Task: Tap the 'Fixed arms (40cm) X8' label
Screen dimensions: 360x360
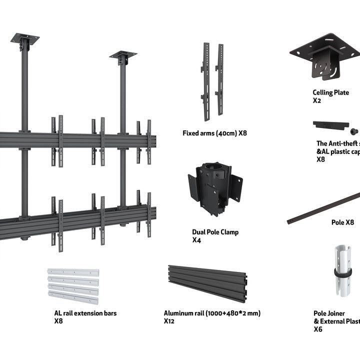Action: click(x=214, y=133)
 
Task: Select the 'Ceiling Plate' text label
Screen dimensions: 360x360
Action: click(x=330, y=92)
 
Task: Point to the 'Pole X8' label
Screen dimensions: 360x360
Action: click(x=342, y=222)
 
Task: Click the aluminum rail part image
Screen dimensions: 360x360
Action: click(x=207, y=282)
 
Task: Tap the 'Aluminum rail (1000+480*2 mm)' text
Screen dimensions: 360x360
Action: click(x=212, y=313)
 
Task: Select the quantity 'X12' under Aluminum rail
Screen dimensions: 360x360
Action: click(x=169, y=321)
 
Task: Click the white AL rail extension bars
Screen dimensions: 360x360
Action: click(x=73, y=286)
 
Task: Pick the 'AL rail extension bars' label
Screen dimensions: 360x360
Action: click(x=85, y=313)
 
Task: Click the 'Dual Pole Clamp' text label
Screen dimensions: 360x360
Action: click(x=215, y=232)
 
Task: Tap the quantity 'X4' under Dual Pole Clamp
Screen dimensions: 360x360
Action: click(x=196, y=240)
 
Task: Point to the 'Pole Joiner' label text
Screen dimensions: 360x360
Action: click(x=329, y=313)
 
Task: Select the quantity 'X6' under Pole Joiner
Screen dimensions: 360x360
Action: click(x=318, y=329)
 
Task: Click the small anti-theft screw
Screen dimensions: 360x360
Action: click(x=354, y=131)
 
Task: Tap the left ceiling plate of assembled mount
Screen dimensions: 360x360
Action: click(x=24, y=39)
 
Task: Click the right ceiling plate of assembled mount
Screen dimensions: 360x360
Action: click(x=123, y=55)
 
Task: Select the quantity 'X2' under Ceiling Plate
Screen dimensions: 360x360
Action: click(x=317, y=100)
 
